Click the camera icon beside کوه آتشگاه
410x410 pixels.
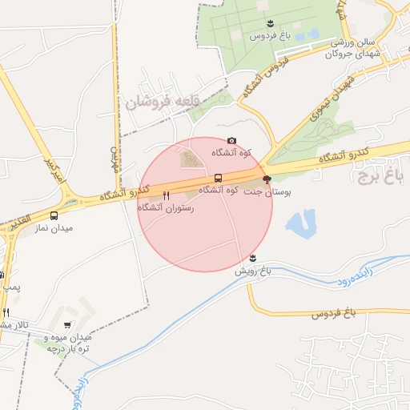pos(232,141)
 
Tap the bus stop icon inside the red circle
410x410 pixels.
pos(218,178)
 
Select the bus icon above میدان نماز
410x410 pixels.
pos(54,215)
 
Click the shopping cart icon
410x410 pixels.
pos(66,325)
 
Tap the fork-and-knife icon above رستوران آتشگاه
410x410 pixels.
pos(166,195)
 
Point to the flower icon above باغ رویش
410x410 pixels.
pos(253,258)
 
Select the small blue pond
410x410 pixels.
pos(300,223)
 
